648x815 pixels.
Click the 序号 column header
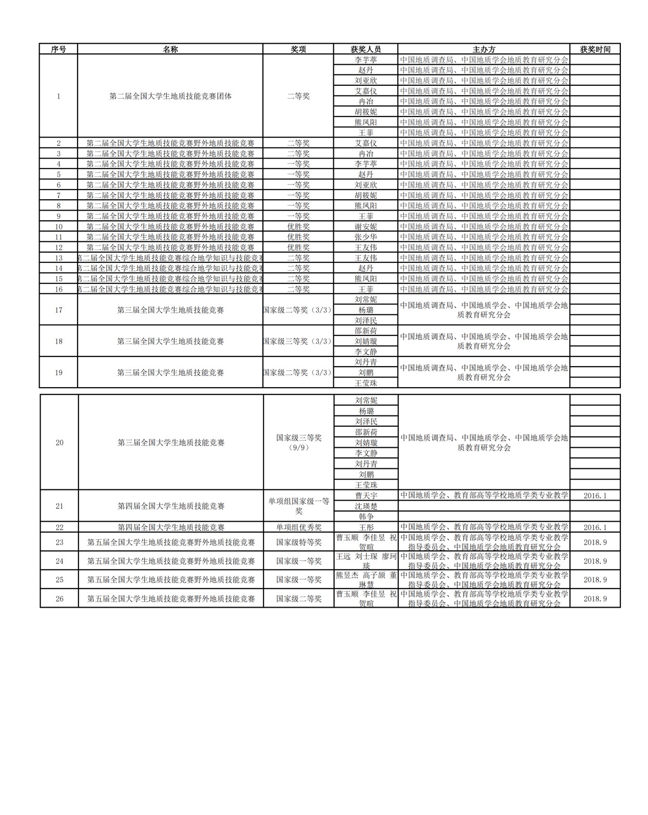(59, 49)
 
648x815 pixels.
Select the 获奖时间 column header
(595, 49)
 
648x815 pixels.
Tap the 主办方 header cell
(484, 49)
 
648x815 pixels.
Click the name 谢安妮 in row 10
(366, 226)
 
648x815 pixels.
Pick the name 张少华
(366, 237)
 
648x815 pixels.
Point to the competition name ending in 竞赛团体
(170, 96)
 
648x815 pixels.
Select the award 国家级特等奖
(299, 542)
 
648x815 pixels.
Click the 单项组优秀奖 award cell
(299, 527)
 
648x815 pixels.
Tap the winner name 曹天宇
(366, 496)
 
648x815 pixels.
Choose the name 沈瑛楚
(366, 506)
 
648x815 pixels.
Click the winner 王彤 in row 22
(366, 527)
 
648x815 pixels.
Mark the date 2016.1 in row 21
(595, 496)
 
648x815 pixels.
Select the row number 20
(60, 442)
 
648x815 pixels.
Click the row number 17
(59, 310)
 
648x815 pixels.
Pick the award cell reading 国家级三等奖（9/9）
(299, 442)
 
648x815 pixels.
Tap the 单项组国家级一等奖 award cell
(299, 506)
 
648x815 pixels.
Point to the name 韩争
(366, 517)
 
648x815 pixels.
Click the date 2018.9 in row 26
(595, 599)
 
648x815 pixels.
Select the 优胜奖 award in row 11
(298, 237)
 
